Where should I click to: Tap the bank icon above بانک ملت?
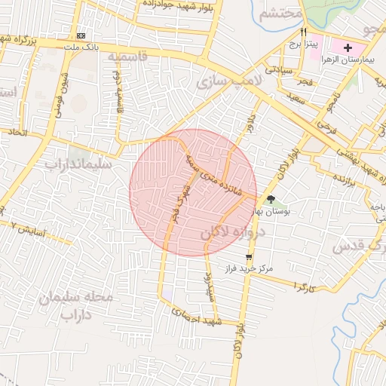(81, 35)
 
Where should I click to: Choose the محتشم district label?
(280, 14)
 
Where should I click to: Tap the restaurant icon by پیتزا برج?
(303, 32)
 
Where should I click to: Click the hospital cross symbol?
(348, 47)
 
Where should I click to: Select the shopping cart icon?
(249, 257)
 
